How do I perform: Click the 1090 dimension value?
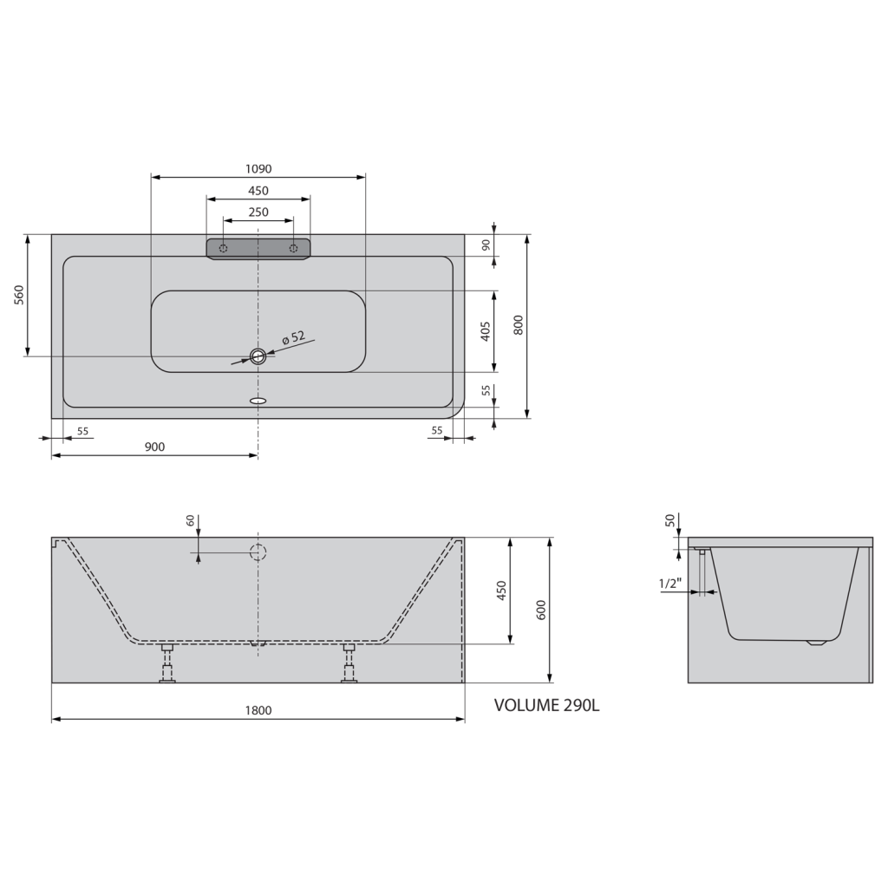coord(258,169)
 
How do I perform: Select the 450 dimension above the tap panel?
coord(258,191)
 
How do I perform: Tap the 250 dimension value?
coord(258,212)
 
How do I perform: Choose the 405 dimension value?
coord(486,330)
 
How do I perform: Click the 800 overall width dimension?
coord(518,324)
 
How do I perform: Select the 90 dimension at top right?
coord(486,245)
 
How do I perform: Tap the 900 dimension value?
coord(154,447)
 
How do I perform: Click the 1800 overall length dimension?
coord(258,710)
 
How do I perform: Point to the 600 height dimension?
coord(540,610)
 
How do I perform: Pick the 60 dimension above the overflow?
coord(190,520)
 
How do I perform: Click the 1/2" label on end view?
coord(670,584)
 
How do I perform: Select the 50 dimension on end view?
coord(669,520)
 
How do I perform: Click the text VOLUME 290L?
coord(546,705)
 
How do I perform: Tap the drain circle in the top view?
coord(258,356)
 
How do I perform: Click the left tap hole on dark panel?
coord(224,249)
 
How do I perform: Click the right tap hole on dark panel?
coord(294,249)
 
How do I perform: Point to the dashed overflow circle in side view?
coord(258,552)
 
